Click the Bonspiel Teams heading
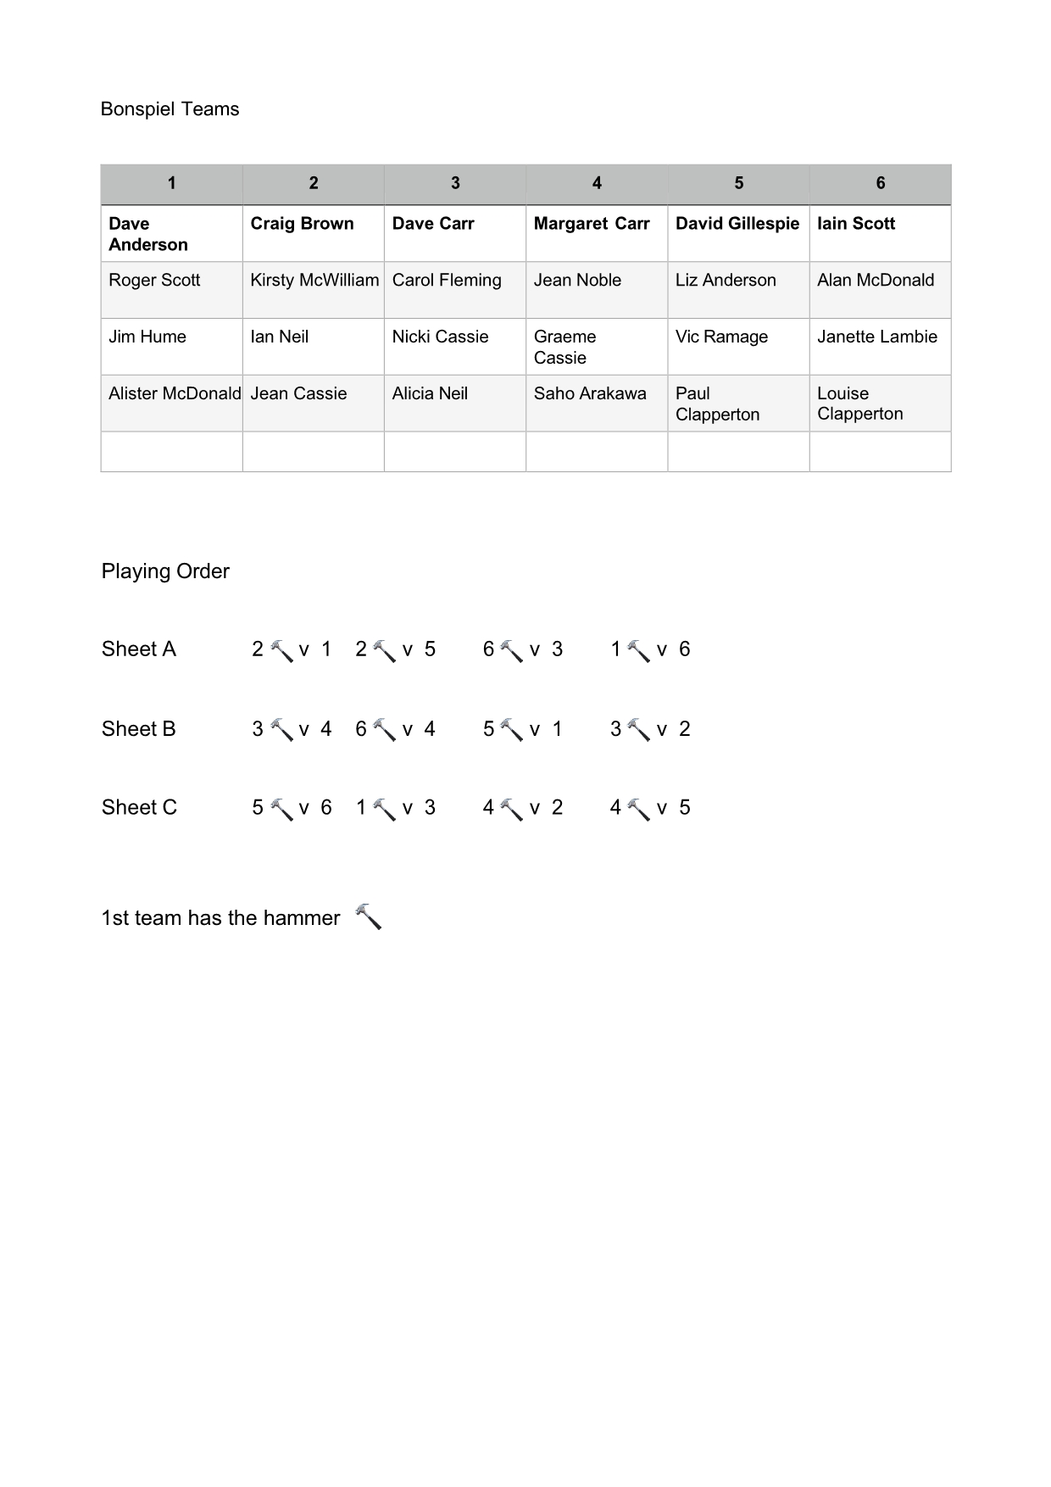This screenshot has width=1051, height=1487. (x=170, y=109)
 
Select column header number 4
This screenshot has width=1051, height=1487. (x=597, y=183)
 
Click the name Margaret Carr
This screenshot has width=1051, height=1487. (x=592, y=224)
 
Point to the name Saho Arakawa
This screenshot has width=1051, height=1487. (x=590, y=393)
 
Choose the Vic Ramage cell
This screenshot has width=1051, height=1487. (x=721, y=337)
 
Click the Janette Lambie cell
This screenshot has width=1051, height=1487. (x=877, y=337)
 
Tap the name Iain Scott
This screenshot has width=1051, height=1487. (x=856, y=224)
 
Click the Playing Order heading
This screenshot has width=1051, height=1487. (x=165, y=571)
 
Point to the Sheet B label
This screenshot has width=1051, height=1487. (x=138, y=729)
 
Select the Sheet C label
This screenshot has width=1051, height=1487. (x=139, y=807)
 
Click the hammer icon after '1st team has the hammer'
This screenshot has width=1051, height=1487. (x=368, y=916)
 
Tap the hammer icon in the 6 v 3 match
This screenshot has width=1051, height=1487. (x=512, y=651)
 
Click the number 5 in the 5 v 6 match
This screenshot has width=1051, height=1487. (x=258, y=807)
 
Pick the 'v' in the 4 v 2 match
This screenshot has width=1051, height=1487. (x=535, y=808)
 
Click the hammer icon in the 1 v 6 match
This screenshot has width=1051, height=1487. (x=639, y=651)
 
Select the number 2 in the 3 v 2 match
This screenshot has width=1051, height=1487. (x=685, y=729)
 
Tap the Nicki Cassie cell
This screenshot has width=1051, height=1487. (x=440, y=337)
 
